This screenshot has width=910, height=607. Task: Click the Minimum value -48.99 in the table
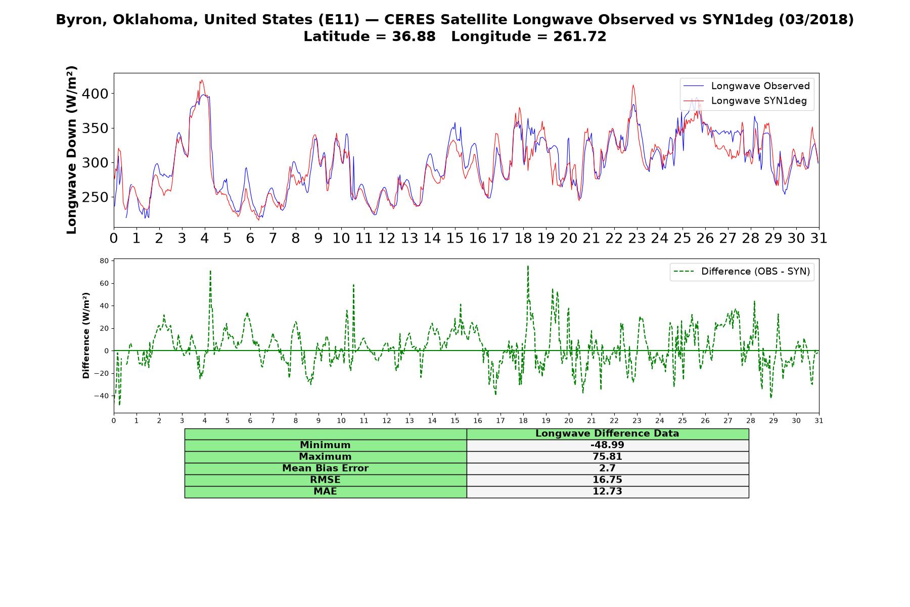click(x=607, y=445)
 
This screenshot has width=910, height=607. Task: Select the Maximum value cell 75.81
click(x=607, y=457)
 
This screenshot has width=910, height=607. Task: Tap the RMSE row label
click(x=325, y=480)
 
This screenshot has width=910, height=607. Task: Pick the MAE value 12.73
click(x=607, y=492)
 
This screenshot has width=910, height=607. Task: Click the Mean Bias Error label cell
click(x=326, y=468)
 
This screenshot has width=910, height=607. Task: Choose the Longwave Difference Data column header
click(x=607, y=433)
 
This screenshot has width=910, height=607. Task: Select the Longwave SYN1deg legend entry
click(x=745, y=101)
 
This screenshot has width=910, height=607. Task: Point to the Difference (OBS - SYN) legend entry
click(x=742, y=272)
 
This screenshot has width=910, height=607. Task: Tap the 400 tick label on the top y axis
click(x=95, y=94)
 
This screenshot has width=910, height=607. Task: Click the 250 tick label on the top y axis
click(x=95, y=197)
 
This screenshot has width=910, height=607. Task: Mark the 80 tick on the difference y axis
click(x=105, y=261)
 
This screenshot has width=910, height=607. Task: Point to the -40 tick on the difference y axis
click(x=102, y=396)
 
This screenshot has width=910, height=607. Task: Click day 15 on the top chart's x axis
click(x=454, y=238)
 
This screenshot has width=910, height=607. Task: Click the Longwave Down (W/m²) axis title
click(x=71, y=150)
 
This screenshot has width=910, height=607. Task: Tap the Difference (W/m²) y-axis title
click(x=86, y=335)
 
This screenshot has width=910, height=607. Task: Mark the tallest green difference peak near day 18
click(x=528, y=266)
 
